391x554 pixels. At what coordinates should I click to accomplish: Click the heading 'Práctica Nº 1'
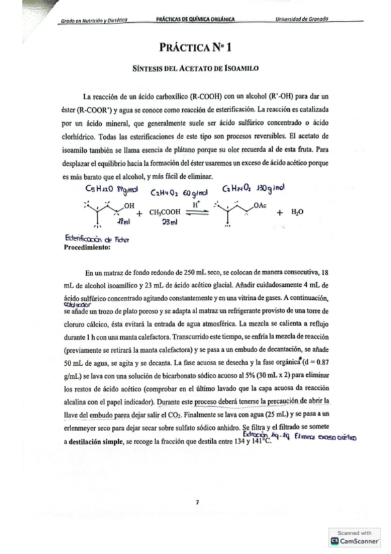pos(196,48)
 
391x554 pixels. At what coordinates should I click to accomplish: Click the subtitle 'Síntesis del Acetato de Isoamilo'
pos(196,67)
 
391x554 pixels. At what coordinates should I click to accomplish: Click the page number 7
pos(196,501)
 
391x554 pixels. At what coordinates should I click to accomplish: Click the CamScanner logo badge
pos(356,540)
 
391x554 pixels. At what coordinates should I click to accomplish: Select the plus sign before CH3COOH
pos(139,212)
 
